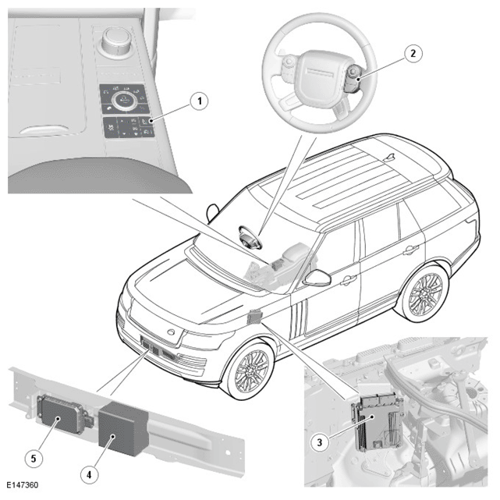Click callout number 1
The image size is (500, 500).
click(200, 101)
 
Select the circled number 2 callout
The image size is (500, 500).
click(413, 53)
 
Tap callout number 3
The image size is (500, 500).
click(320, 442)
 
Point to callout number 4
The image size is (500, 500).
click(89, 474)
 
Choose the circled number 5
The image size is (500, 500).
click(34, 459)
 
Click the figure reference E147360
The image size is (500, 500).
click(23, 485)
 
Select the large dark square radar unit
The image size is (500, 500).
click(122, 429)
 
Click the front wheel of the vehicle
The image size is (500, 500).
click(252, 369)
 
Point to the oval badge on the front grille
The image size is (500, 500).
click(171, 332)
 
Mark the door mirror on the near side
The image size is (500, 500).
click(317, 278)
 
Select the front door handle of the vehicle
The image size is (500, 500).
click(349, 280)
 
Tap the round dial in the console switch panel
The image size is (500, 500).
click(124, 100)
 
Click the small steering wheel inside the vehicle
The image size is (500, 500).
click(250, 237)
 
